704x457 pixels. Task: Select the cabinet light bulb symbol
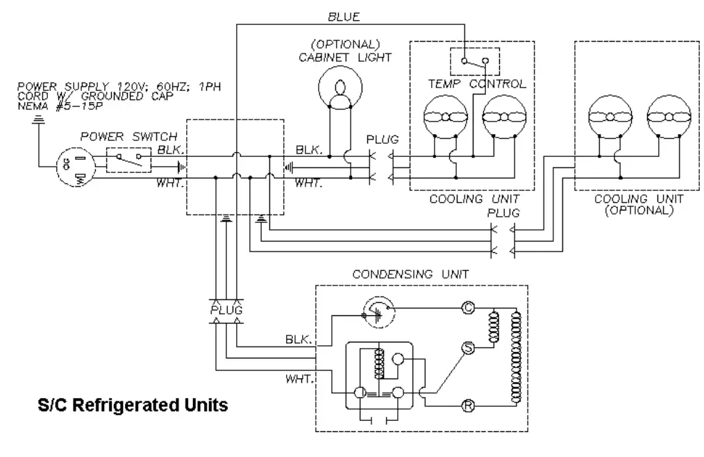click(x=338, y=90)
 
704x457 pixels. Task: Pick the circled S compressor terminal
click(x=467, y=351)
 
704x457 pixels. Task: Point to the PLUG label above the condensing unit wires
click(x=226, y=310)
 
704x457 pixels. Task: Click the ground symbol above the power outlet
click(x=38, y=121)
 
